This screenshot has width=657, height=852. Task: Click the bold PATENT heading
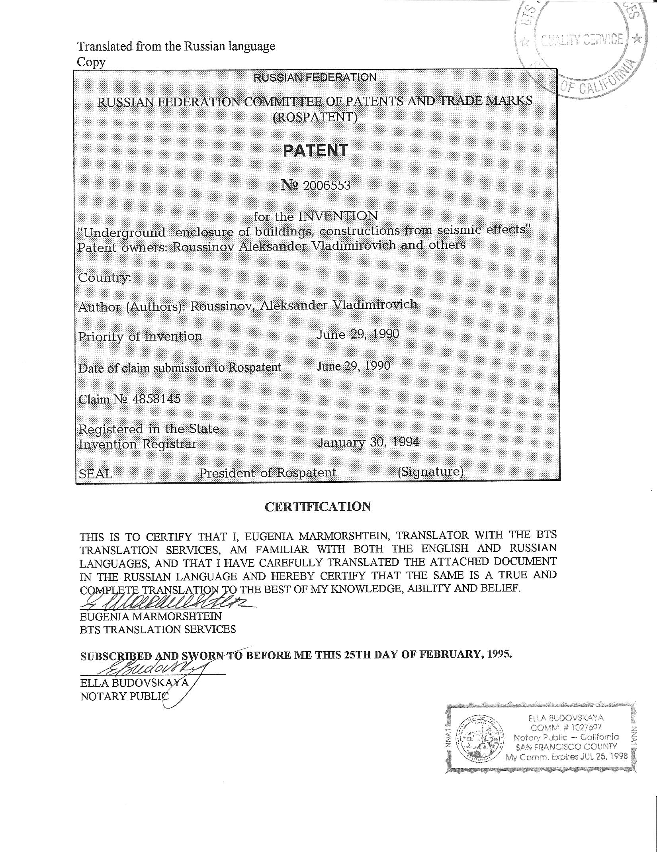tap(315, 151)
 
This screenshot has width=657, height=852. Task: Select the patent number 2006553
tap(327, 186)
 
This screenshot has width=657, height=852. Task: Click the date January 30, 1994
tap(368, 442)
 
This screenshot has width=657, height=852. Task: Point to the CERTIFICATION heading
tap(318, 507)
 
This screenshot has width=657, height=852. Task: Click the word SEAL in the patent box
tap(96, 474)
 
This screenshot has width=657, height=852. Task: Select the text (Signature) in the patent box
tap(430, 472)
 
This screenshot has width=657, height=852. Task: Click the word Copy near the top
tap(91, 62)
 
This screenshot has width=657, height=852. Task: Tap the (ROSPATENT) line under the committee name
tap(315, 117)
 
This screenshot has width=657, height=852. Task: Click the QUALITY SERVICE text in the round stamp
tap(582, 40)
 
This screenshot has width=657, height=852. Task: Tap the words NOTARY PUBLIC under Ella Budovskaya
tap(125, 696)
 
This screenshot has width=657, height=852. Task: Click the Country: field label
tap(104, 277)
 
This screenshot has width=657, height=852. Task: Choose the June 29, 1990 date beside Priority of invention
tap(358, 334)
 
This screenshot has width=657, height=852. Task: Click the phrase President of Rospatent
tap(268, 473)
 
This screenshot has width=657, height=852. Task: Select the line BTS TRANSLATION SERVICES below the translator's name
tap(158, 629)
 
